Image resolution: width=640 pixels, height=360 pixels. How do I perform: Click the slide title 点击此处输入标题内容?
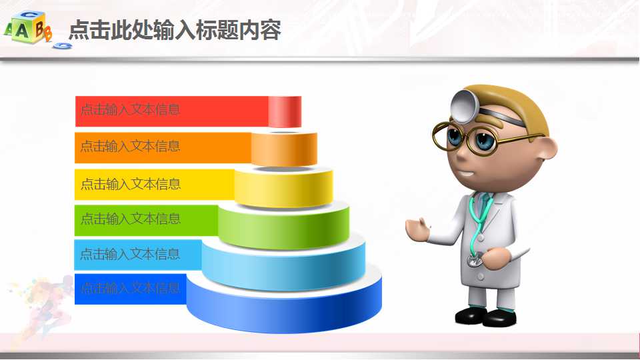[x=175, y=30]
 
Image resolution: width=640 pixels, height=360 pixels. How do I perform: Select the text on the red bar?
[x=131, y=110]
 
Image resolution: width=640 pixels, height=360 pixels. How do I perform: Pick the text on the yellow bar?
[x=131, y=183]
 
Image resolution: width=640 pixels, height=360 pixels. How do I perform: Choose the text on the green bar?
[x=131, y=219]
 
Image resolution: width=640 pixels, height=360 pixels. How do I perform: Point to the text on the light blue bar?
[x=131, y=254]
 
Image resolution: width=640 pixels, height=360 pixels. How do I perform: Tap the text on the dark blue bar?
[x=131, y=289]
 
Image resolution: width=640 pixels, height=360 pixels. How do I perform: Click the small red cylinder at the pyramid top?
[x=285, y=111]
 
